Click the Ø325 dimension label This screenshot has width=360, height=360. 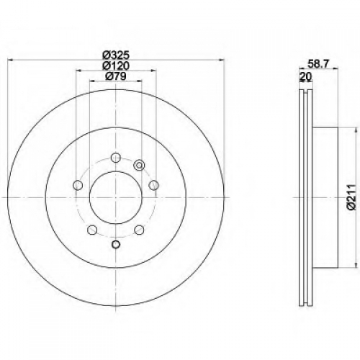point(116,55)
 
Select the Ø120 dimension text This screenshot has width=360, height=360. point(116,66)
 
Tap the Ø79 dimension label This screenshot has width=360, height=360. point(116,76)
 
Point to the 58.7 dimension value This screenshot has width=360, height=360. point(319,64)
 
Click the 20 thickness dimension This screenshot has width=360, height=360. point(305,76)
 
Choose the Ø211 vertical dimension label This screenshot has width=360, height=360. point(351,197)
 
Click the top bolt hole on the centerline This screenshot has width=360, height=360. point(116,158)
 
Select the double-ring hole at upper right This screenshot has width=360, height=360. point(138,165)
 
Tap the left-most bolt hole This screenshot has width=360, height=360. point(78,185)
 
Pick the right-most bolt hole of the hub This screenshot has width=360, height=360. point(153,185)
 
